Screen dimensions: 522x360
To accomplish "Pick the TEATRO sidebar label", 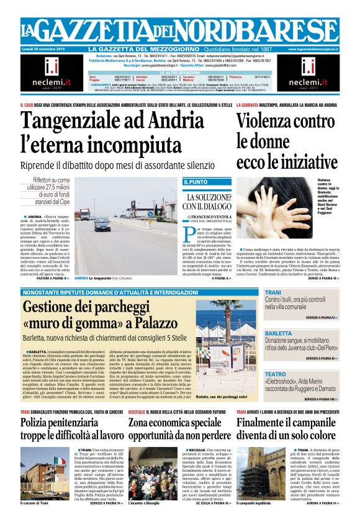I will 275,374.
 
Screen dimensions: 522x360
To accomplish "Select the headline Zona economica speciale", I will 177,423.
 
